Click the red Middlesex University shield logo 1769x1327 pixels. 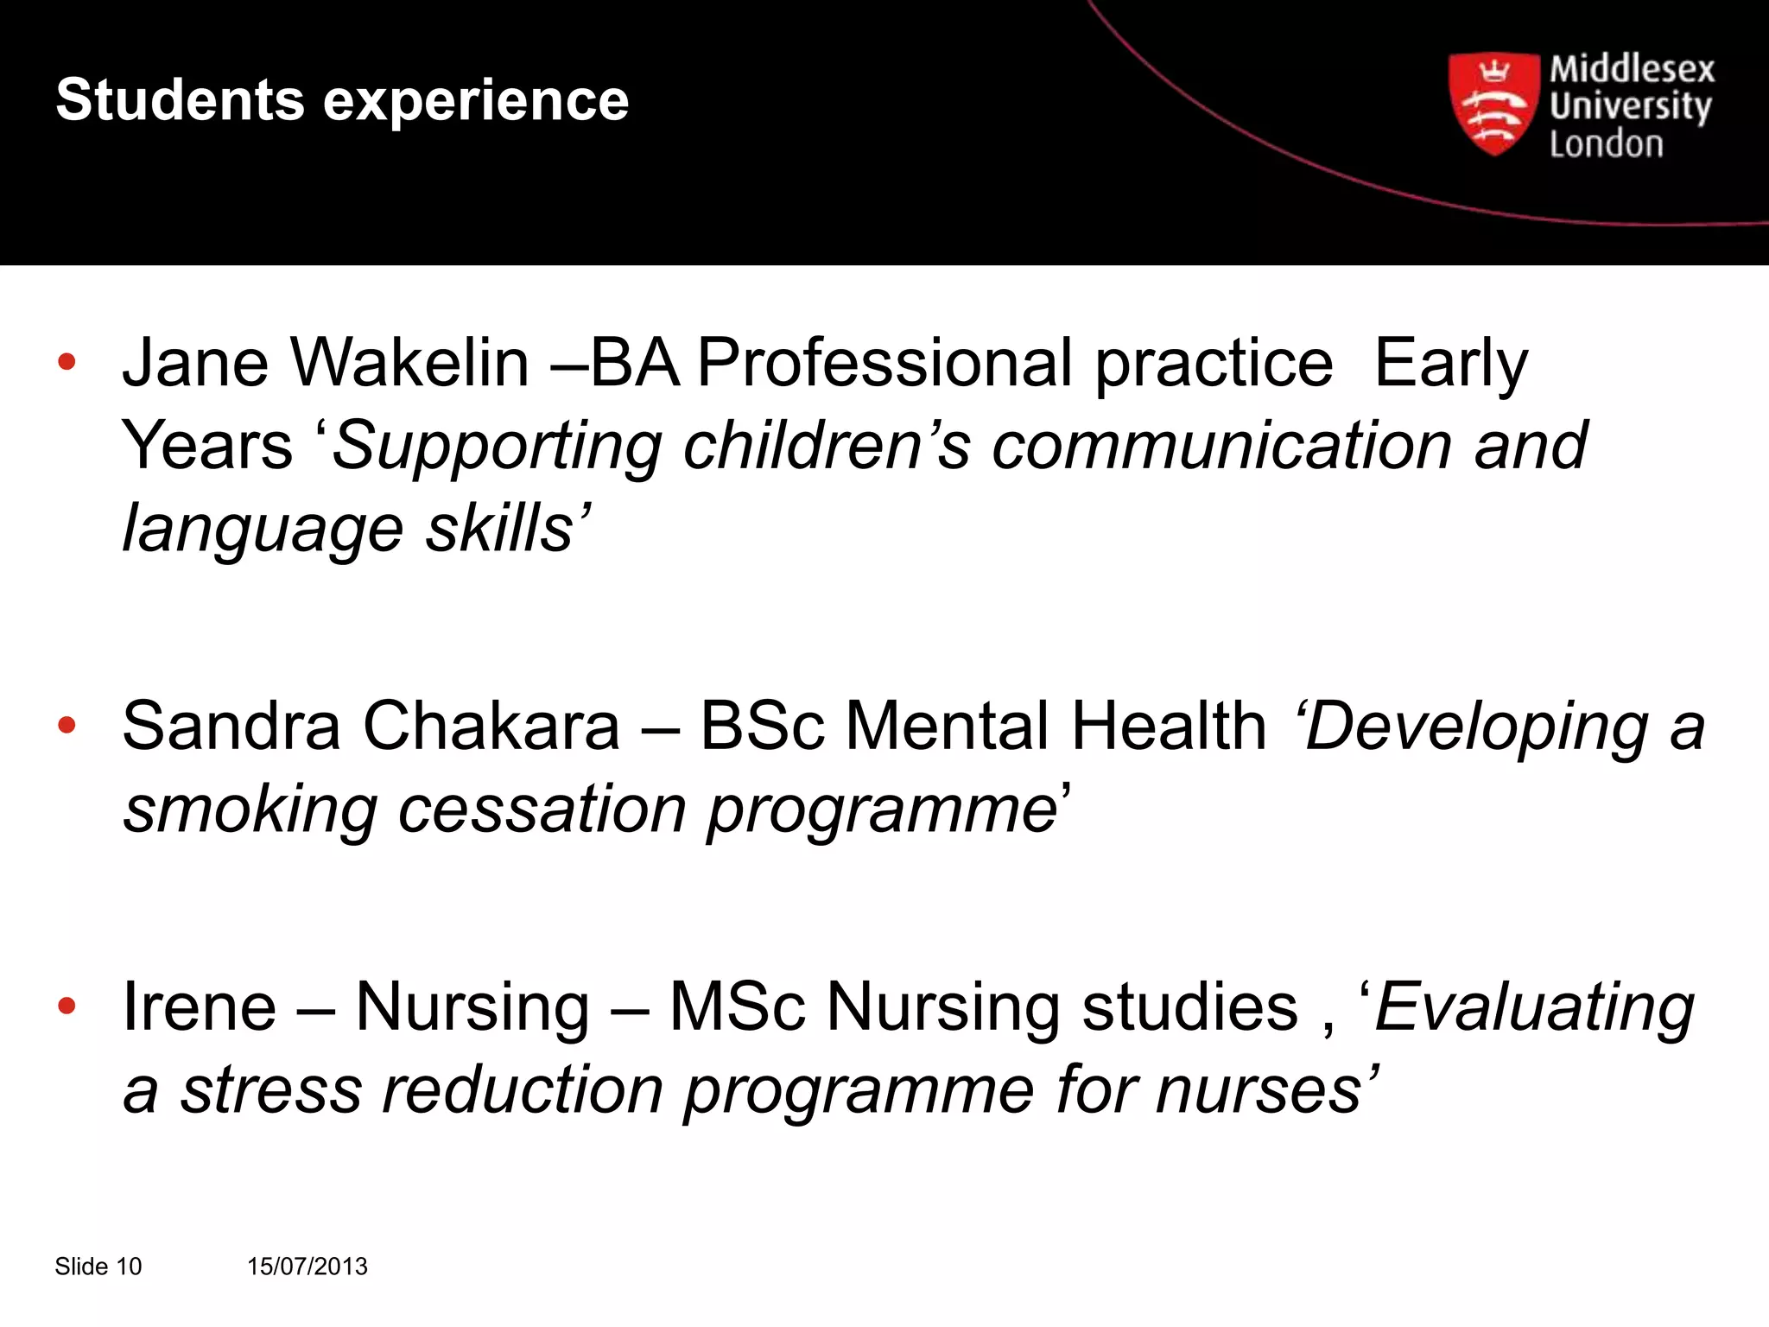[1493, 104]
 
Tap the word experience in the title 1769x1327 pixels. [476, 102]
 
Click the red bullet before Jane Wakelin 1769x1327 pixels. [67, 362]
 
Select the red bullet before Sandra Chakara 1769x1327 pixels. [67, 725]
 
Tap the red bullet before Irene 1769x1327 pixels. [67, 1006]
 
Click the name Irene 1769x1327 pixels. [199, 1006]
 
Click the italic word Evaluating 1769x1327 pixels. [1534, 1007]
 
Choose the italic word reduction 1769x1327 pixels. [523, 1089]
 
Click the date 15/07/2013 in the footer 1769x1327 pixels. [307, 1267]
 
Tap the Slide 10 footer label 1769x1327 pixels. [98, 1267]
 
